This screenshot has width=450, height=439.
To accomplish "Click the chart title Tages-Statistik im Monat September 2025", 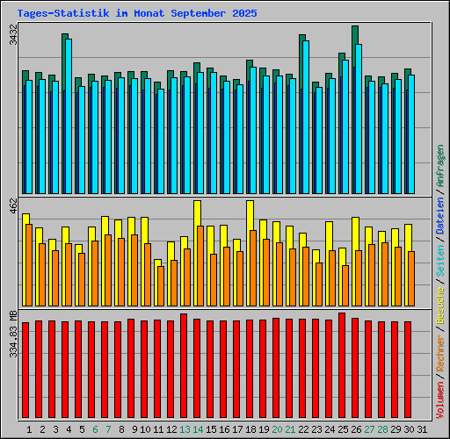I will coord(137,14).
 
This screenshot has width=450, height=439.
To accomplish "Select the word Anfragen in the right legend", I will coord(440,165).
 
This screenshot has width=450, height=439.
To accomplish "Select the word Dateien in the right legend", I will coord(440,216).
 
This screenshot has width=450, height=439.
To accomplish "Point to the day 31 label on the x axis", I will coord(422,429).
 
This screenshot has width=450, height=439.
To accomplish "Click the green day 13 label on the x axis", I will coord(184,429).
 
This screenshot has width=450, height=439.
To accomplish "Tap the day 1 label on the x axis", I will coord(29,429).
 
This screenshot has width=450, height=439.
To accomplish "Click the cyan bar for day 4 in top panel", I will coord(69,114).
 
